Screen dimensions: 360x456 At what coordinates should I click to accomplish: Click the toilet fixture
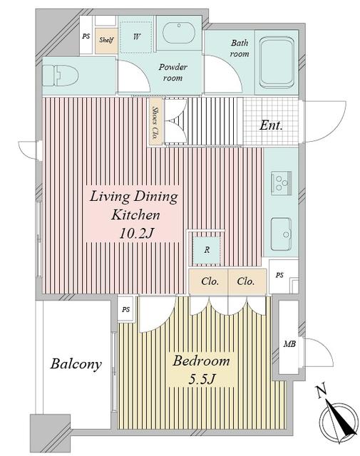pos(61,76)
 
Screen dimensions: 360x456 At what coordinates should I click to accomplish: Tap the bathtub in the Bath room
pos(276,62)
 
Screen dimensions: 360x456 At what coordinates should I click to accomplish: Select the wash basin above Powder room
pos(178,33)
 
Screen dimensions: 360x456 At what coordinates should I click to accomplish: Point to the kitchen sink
pos(281,234)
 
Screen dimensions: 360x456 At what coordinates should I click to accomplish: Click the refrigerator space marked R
pos(207,249)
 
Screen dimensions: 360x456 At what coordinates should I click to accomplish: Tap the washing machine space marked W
pos(136,37)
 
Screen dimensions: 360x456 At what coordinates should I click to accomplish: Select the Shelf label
pos(106,40)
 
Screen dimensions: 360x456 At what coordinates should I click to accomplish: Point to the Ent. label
pos(271,125)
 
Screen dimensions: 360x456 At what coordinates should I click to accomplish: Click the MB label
pos(289,344)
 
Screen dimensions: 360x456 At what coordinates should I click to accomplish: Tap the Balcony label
pos(76,364)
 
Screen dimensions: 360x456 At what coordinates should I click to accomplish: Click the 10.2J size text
pos(136,233)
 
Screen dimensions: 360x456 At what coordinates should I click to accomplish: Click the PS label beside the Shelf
pos(86,36)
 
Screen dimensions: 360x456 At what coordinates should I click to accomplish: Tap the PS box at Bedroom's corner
pos(126,309)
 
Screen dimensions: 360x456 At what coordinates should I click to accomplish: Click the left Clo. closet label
pos(210,281)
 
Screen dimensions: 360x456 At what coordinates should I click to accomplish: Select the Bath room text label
pos(240,48)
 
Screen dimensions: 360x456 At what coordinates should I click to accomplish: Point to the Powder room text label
pos(173,73)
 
